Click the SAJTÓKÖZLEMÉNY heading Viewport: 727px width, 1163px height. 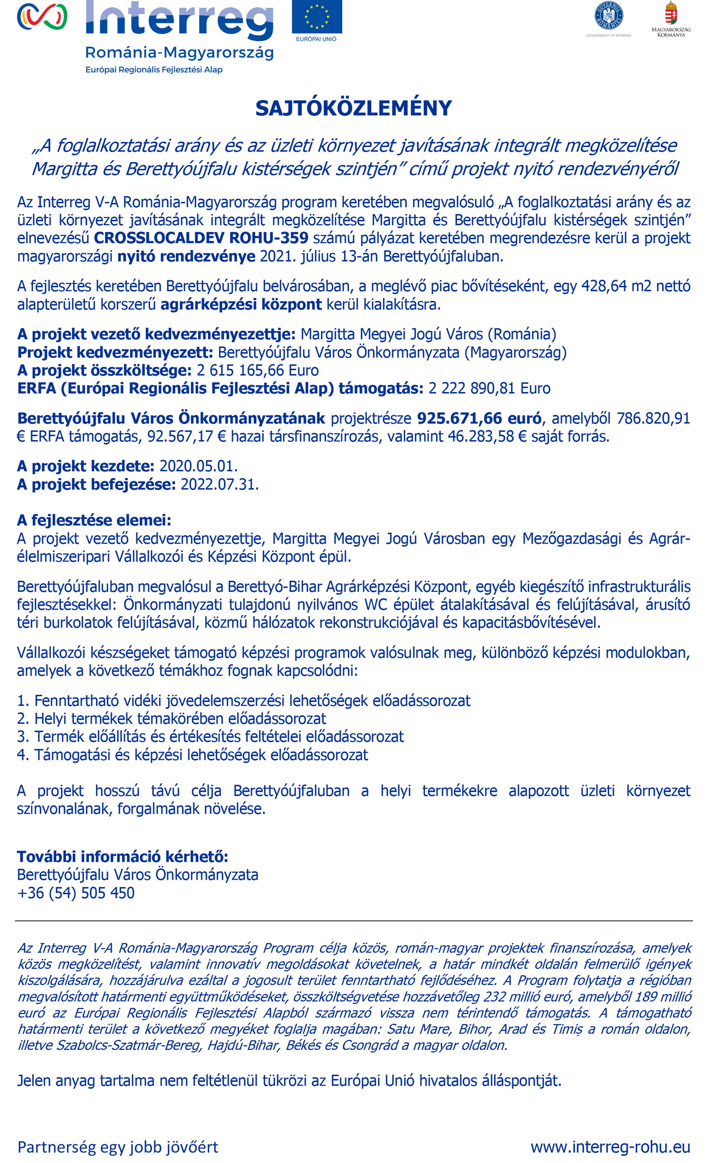353,108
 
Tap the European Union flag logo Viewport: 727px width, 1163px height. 316,17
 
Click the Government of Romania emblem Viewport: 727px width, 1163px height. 609,16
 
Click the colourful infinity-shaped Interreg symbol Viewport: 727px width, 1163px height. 42,16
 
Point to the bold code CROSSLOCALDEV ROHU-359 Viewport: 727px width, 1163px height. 201,238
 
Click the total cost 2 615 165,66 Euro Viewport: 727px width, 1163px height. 257,371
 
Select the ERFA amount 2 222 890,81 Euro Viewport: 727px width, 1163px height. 490,389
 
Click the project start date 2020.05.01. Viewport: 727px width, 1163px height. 198,466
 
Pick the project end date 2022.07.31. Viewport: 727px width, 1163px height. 220,484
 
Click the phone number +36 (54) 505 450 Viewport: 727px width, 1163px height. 76,893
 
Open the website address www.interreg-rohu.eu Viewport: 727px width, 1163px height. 610,1147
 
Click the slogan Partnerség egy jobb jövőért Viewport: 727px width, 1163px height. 118,1147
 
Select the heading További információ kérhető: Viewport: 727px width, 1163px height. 123,856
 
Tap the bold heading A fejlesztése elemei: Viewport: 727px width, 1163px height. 94,520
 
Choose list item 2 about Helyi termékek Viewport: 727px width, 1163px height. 172,719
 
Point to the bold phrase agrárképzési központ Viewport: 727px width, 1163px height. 241,305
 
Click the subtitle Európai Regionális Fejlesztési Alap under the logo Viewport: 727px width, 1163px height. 154,70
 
